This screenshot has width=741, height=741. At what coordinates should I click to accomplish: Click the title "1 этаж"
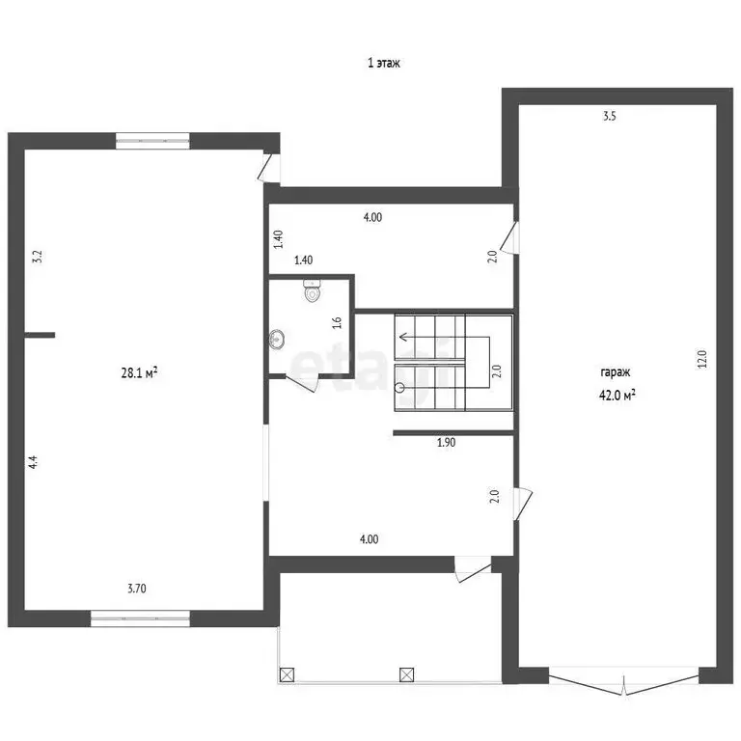click(x=384, y=63)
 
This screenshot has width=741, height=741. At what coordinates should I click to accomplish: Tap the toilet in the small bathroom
click(x=312, y=290)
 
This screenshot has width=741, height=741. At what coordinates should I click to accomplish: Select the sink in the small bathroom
click(x=277, y=339)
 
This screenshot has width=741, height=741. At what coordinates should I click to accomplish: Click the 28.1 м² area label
click(x=139, y=372)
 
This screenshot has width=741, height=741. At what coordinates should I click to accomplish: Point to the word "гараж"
click(x=616, y=372)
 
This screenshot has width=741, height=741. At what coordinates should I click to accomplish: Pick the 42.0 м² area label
click(x=617, y=395)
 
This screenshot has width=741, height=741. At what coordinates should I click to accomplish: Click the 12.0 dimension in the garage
click(x=701, y=359)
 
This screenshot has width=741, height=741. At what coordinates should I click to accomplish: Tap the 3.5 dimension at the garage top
click(x=610, y=116)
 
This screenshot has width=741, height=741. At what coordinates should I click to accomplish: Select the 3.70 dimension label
click(x=137, y=589)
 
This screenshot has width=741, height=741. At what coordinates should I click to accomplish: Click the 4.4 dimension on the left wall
click(x=33, y=462)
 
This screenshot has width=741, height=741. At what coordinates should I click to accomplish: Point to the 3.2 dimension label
click(x=37, y=257)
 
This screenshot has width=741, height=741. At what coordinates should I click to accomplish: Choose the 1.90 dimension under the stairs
click(x=446, y=442)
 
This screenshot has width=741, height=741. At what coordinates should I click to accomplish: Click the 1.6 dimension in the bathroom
click(x=337, y=323)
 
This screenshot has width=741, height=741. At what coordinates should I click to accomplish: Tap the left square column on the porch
click(x=287, y=674)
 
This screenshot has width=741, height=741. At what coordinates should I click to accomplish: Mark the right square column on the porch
click(x=407, y=674)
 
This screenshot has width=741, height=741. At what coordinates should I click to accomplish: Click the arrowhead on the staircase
click(x=403, y=337)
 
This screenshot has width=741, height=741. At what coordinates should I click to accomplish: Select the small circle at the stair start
click(x=399, y=388)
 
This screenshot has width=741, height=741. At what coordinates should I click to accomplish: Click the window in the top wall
click(x=152, y=141)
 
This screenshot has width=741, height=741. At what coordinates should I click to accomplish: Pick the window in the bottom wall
click(x=140, y=618)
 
